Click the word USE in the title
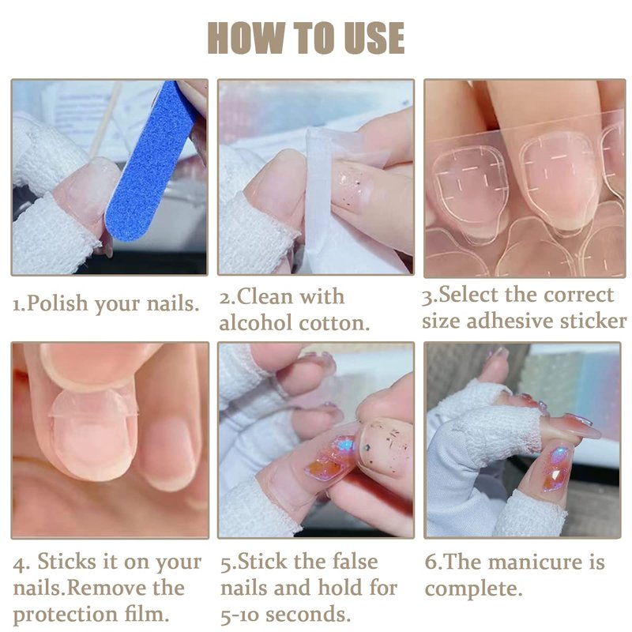pyautogui.click(x=374, y=37)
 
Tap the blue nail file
pyautogui.click(x=150, y=161)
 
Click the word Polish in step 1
pyautogui.click(x=57, y=304)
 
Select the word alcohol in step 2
pyautogui.click(x=255, y=323)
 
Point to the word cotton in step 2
pyautogui.click(x=334, y=324)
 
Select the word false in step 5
pyautogui.click(x=354, y=562)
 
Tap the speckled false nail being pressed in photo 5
pyautogui.click(x=385, y=446)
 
